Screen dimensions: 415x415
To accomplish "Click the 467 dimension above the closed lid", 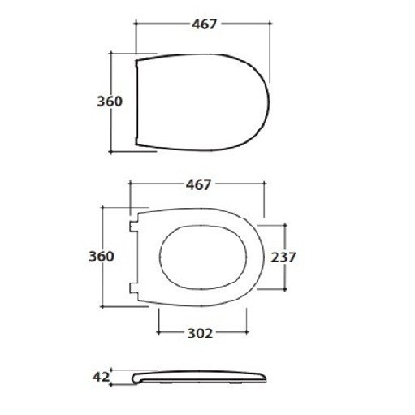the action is (205, 24).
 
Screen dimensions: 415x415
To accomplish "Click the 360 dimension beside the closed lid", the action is (110, 102).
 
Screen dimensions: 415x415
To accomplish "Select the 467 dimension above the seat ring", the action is (198, 185).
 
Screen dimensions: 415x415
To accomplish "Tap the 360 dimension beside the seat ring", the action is (102, 256).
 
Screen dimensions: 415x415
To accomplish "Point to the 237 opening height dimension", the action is (283, 257).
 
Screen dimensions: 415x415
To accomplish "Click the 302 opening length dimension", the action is (201, 333).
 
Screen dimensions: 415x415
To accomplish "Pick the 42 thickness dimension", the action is (101, 377).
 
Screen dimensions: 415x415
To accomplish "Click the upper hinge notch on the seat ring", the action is (133, 227).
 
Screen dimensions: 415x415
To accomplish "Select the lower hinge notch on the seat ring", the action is (133, 288).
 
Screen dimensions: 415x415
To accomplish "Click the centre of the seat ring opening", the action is (203, 257).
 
